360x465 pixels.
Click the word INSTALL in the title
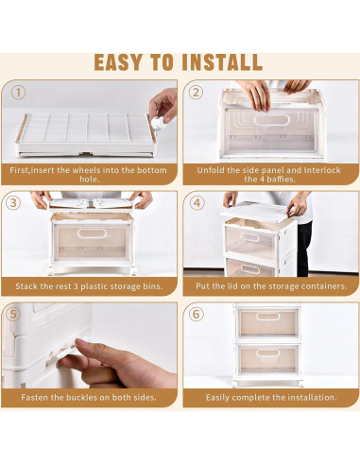(x=222, y=62)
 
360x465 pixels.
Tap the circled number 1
(x=18, y=93)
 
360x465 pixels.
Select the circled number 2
(x=196, y=93)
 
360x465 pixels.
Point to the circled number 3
(x=13, y=203)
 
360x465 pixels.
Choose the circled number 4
(x=197, y=203)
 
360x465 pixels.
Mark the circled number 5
(x=13, y=314)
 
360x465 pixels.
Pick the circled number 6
(x=196, y=314)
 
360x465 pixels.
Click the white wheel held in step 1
(x=156, y=123)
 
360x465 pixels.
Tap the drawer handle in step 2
(x=271, y=120)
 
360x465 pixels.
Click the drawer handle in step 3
(x=92, y=233)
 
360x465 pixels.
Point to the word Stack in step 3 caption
(x=26, y=286)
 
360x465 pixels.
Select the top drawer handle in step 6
(x=267, y=317)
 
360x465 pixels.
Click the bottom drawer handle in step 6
(x=267, y=353)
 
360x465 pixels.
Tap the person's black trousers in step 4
(x=304, y=249)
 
